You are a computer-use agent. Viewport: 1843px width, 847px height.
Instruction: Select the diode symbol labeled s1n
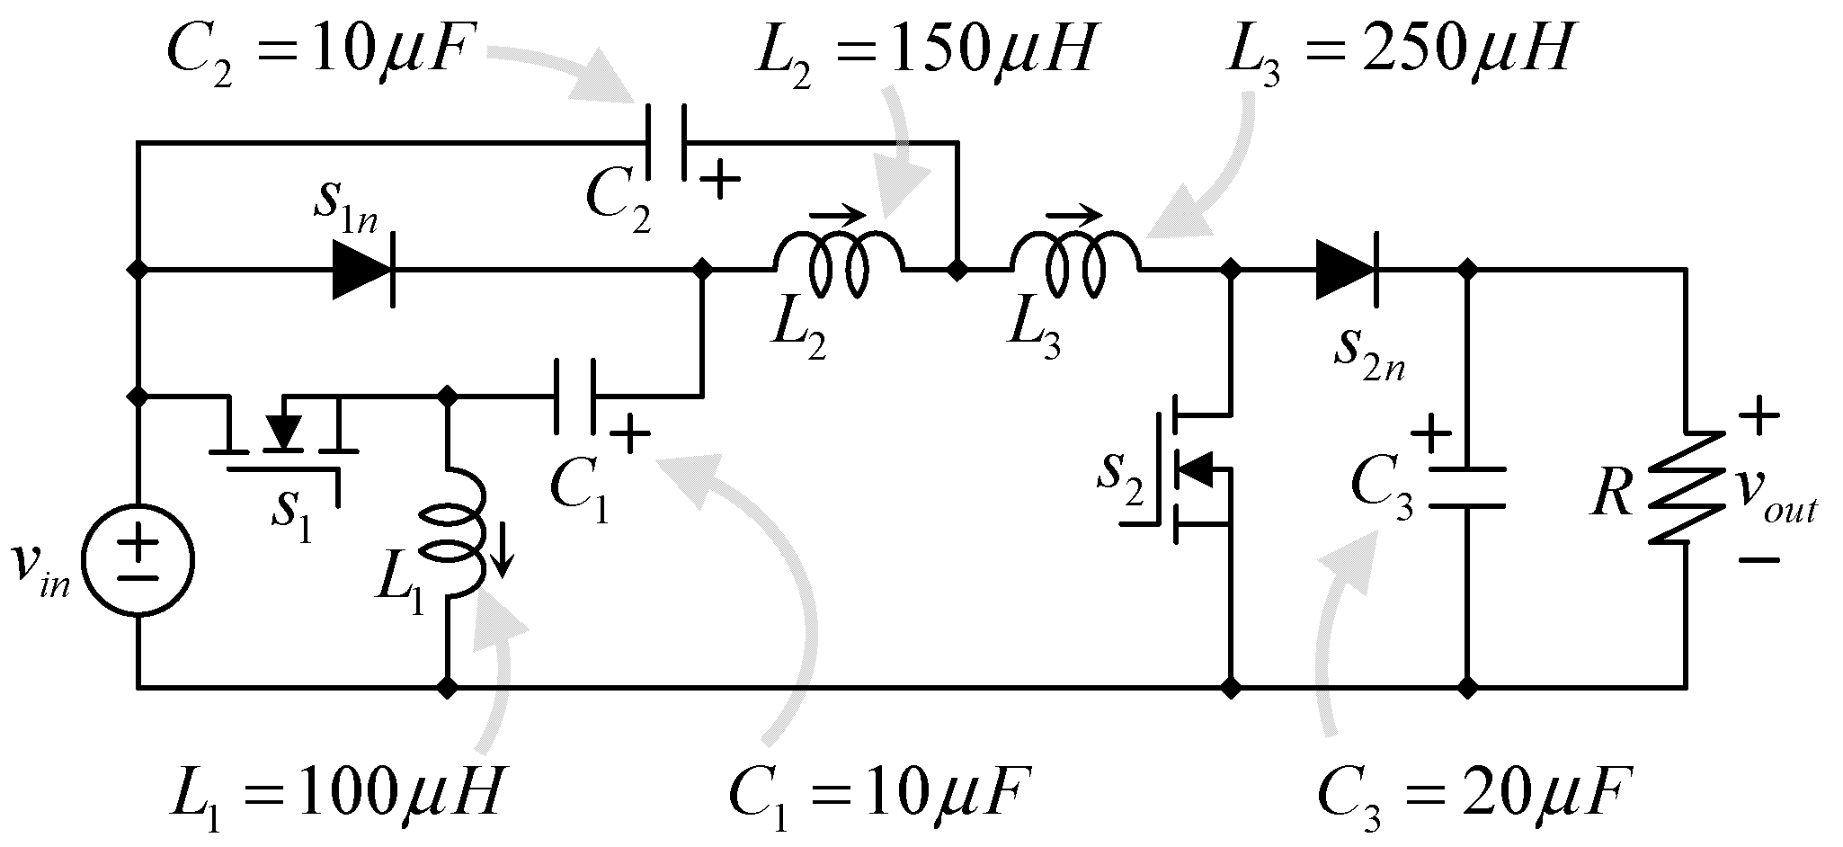pos(363,269)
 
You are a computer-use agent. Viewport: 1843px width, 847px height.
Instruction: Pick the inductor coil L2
pos(838,263)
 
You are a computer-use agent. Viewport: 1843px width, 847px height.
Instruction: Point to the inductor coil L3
pos(1076,263)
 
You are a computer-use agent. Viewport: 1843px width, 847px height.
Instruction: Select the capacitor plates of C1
pos(574,395)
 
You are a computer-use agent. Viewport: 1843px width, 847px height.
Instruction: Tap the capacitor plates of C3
pos(1466,486)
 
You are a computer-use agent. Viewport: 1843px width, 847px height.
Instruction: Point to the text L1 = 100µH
pos(334,790)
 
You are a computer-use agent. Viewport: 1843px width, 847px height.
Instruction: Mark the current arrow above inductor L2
pos(838,216)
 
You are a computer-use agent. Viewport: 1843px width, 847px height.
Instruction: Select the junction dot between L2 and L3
pos(958,269)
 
